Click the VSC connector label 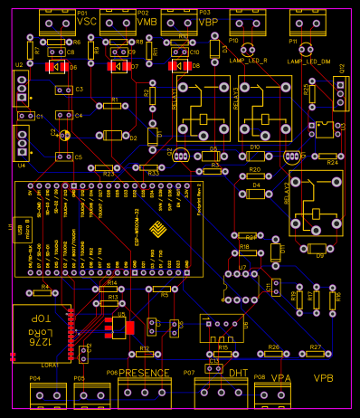pos(87,21)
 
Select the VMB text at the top pos(146,21)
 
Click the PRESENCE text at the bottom pos(145,373)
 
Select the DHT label pos(238,373)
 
